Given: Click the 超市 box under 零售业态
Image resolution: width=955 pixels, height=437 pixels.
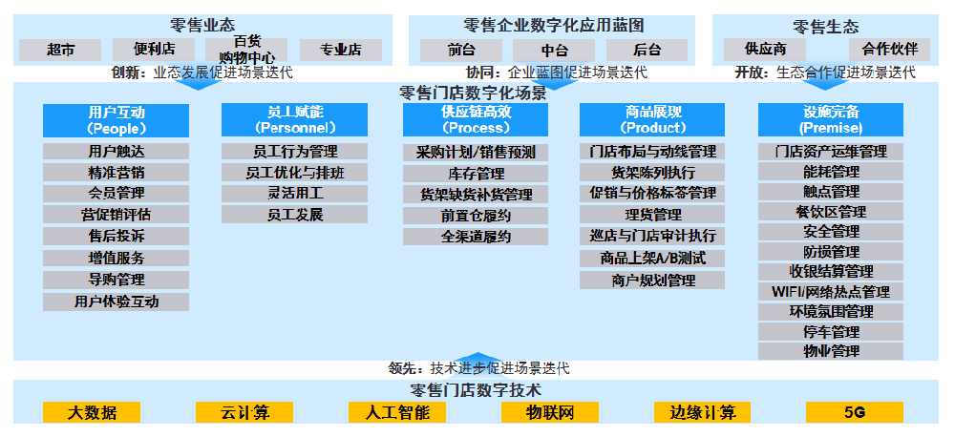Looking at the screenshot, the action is coord(60,50).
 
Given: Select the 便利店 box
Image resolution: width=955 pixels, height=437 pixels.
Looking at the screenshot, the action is coord(154,50).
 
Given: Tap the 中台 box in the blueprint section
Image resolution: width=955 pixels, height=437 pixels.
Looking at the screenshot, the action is coord(554,50).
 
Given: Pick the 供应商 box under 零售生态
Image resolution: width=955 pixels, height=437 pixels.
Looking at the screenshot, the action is coord(764,50).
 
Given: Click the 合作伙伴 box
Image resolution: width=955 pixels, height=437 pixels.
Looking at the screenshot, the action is coord(890,50).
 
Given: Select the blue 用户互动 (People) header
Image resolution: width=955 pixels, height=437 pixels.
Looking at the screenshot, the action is coord(116,120).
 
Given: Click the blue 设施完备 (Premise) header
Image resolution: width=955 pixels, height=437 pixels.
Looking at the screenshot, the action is coord(831,120).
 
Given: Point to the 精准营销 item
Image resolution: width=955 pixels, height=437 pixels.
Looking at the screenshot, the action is coord(116,173).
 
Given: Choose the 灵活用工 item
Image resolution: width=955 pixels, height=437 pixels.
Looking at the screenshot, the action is coord(295,194).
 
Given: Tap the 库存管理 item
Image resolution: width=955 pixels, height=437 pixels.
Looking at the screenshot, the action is coord(476,174).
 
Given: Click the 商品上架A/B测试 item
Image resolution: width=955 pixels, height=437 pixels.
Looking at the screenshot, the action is coord(652,259).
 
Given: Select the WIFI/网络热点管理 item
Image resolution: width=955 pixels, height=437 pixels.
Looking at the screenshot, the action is coord(831,292).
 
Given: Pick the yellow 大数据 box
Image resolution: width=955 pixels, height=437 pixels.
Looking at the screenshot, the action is coord(92,412).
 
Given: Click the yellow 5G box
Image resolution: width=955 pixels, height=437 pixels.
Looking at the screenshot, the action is coord(855,412).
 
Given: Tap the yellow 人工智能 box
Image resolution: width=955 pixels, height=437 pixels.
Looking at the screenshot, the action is coord(397,412).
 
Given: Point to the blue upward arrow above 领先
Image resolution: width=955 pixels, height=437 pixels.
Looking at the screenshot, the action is coord(478,358).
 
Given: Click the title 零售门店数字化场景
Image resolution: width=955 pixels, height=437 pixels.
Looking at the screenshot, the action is coord(473,94).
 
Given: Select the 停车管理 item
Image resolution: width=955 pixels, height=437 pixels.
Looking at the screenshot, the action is coord(831,332).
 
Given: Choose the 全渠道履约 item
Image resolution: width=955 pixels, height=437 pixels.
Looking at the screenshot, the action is coord(476,237).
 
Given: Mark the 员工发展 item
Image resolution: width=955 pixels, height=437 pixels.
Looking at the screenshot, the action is coord(295,215).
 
